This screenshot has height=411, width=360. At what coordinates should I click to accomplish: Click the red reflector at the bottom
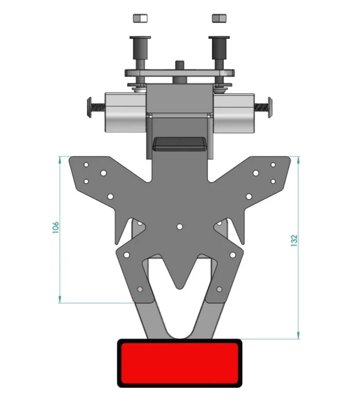pos(179,363)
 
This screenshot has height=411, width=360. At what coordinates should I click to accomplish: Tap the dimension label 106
pos(56,228)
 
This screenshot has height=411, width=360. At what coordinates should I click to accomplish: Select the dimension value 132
pos(294,240)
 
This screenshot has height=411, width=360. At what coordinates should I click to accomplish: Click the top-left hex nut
pos(140,18)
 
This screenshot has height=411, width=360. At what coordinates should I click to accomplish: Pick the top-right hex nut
pos(219,18)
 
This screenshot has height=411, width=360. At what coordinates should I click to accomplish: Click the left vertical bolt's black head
pos(140,47)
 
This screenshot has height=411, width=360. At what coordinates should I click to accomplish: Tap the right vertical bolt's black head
pos(219,47)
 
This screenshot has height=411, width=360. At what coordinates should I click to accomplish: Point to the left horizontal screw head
pos(89,107)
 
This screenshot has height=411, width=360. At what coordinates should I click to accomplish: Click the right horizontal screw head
pos(270,107)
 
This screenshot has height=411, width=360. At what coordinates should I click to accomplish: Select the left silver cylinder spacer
pos(125,112)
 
